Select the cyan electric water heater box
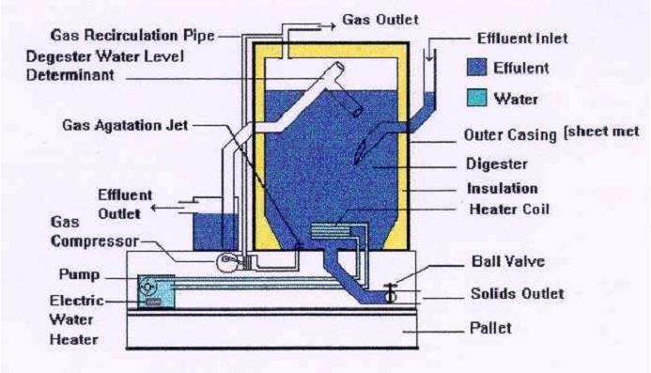(155, 291)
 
